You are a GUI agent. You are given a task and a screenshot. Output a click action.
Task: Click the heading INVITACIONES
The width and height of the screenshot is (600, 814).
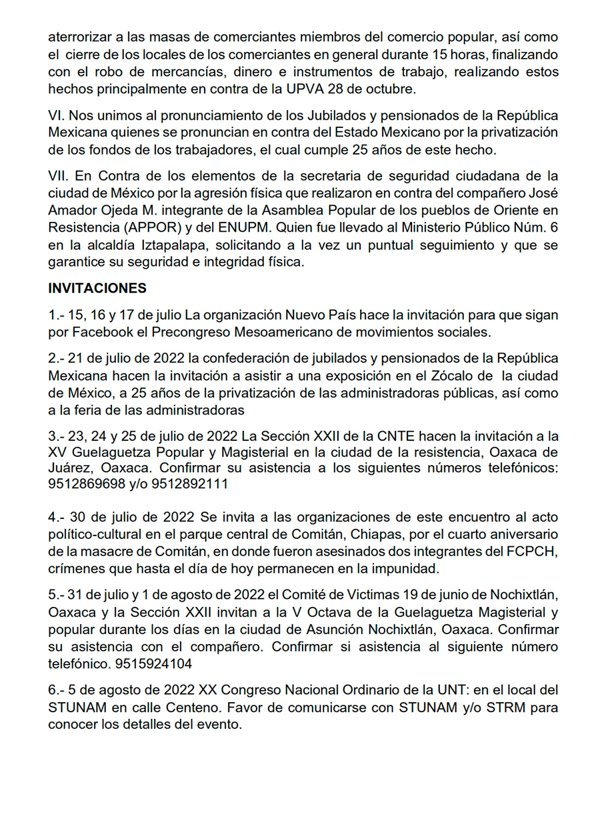pyautogui.click(x=97, y=289)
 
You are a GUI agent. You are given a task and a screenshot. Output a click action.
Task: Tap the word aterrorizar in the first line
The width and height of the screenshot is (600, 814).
pyautogui.click(x=78, y=38)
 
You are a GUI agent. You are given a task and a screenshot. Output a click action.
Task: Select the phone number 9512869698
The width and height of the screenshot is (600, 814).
pyautogui.click(x=87, y=484)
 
